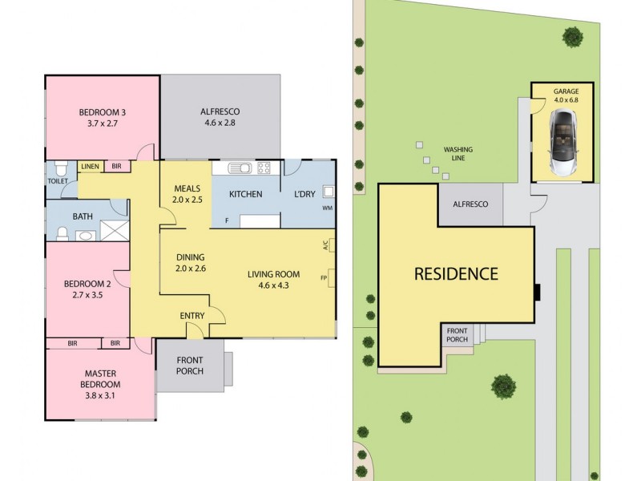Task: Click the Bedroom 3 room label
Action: point(102,118)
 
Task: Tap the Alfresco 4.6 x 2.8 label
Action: point(220,118)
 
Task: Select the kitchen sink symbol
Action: point(240,168)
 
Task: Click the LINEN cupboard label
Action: point(90,167)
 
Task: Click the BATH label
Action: point(83,216)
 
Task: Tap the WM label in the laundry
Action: point(329,208)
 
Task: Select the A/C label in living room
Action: point(325,247)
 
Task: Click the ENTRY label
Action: point(191,316)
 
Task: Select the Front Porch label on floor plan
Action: point(189,366)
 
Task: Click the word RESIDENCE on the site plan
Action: point(455,273)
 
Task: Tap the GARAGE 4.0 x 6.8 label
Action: point(565,96)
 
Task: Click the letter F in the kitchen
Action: point(227,220)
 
